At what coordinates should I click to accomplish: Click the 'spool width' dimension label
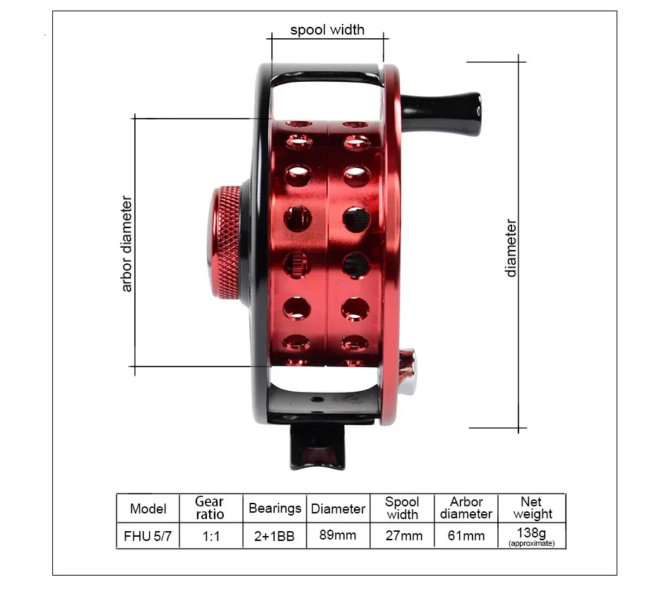tap(327, 30)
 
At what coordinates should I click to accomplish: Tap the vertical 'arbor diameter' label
tap(126, 244)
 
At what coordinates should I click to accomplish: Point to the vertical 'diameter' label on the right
tap(511, 248)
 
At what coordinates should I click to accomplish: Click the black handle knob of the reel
tap(441, 114)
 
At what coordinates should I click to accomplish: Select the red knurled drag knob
tap(224, 242)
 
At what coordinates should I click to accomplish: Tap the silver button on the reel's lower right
tap(407, 371)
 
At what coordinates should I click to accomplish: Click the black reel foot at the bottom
tap(318, 447)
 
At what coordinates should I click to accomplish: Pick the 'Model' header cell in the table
tap(148, 508)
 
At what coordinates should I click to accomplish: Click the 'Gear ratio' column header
tap(210, 508)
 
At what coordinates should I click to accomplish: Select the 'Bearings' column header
tap(275, 508)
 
